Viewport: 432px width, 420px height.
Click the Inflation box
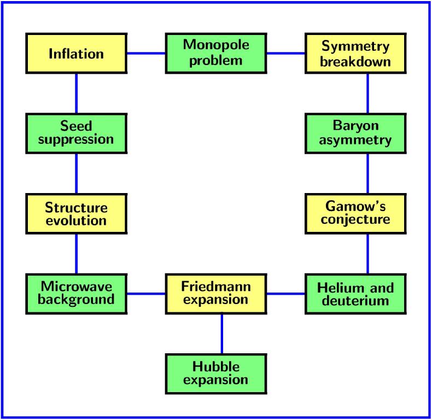click(77, 54)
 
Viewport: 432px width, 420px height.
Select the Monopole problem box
click(216, 54)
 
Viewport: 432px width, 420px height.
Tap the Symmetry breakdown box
click(355, 54)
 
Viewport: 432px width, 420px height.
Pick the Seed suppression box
click(77, 133)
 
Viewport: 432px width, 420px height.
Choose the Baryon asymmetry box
click(355, 133)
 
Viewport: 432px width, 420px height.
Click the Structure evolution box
click(77, 214)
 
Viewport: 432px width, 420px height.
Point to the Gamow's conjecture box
click(355, 214)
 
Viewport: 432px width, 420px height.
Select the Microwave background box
click(77, 294)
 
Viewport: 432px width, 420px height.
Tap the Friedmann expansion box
click(216, 294)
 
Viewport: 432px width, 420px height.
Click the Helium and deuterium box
click(355, 294)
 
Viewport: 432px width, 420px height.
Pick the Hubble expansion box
click(216, 374)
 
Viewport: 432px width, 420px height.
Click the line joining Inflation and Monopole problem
click(147, 54)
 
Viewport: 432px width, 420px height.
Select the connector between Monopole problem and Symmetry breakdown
click(286, 54)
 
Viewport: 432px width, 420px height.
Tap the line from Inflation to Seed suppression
click(77, 94)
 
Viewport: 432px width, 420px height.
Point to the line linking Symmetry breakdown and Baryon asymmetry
click(367, 94)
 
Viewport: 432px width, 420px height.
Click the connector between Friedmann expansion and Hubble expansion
click(222, 334)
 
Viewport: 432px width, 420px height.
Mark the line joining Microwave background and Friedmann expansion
click(147, 294)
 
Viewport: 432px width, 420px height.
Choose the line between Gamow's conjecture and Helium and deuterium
click(367, 254)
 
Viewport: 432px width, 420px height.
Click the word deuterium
click(355, 300)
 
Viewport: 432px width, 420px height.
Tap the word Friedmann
click(216, 287)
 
